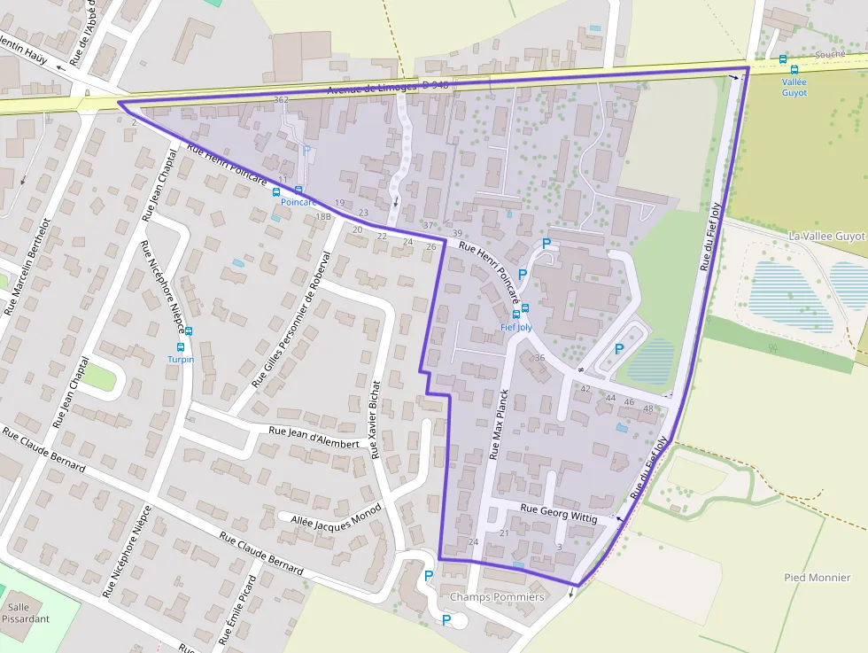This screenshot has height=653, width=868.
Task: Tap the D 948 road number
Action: (x=435, y=85)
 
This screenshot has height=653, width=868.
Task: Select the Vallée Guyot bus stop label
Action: (x=794, y=87)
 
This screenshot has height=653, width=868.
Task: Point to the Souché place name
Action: (x=829, y=55)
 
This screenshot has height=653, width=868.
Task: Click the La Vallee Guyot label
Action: (x=825, y=237)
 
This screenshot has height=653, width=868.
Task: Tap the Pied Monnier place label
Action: (x=817, y=578)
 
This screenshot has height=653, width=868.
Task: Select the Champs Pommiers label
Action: (x=496, y=597)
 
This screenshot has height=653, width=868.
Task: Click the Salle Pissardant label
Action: (x=26, y=613)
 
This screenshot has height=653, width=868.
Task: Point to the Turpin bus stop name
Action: (x=181, y=360)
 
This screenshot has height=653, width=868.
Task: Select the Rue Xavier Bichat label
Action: (x=376, y=419)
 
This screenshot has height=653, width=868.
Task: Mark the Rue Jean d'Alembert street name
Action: (x=314, y=436)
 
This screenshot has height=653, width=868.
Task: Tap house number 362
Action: (x=282, y=99)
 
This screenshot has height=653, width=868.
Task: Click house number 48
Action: (x=648, y=408)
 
